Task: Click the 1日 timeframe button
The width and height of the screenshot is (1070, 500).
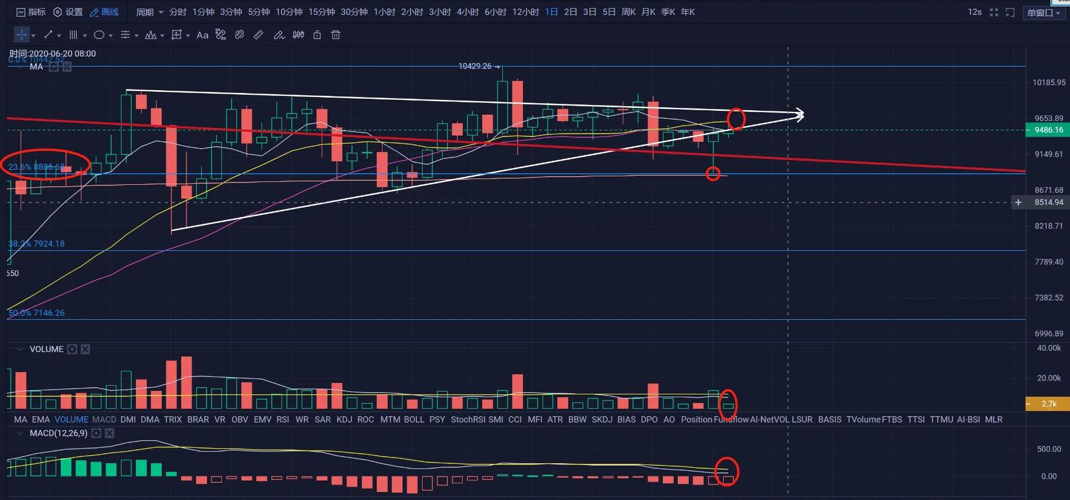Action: [x=551, y=11]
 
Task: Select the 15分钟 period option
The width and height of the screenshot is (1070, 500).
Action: [x=322, y=11]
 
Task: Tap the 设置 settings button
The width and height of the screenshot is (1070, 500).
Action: [x=68, y=11]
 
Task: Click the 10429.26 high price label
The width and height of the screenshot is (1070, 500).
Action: [x=475, y=66]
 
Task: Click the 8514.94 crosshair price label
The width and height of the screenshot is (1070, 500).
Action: [x=1048, y=202]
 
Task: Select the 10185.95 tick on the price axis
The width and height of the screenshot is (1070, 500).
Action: [x=1049, y=83]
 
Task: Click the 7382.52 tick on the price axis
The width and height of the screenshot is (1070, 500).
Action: [x=1049, y=297]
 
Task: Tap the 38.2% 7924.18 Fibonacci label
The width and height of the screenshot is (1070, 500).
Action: [x=37, y=243]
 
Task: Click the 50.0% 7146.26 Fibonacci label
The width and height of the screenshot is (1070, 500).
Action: [x=37, y=313]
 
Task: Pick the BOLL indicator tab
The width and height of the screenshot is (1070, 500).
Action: [x=414, y=420]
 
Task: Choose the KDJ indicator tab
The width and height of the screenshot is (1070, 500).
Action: [x=345, y=420]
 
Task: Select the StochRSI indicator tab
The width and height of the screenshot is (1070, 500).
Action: [x=468, y=420]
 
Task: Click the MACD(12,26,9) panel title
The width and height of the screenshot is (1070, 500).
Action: [x=58, y=433]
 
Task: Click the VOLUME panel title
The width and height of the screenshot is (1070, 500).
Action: [x=46, y=349]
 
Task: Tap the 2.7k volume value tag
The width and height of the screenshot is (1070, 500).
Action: [x=1048, y=404]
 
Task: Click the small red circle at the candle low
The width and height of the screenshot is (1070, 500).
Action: [x=713, y=173]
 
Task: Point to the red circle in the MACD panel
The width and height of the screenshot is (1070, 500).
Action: [x=727, y=471]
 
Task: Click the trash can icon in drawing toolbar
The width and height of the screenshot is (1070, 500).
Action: [x=336, y=35]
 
